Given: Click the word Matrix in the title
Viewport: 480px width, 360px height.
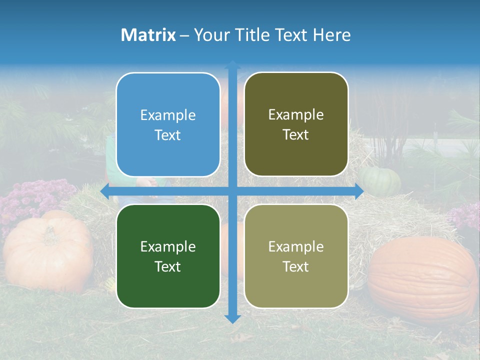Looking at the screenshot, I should (x=148, y=35).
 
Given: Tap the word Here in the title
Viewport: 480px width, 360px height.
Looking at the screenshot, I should (x=332, y=35).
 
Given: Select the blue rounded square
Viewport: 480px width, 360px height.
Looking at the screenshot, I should (x=168, y=124).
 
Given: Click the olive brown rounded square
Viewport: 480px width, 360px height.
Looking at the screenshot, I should (x=296, y=124).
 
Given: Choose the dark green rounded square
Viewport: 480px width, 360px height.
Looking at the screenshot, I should (x=168, y=256).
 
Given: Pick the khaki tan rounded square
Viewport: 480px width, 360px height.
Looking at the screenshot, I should (x=296, y=256).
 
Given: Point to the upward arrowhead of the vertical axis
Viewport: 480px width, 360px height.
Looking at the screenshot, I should (x=232, y=64).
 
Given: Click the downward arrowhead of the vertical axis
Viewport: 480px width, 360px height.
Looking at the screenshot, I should (x=232, y=318).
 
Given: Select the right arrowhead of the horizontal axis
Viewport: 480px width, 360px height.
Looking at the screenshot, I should (x=359, y=191).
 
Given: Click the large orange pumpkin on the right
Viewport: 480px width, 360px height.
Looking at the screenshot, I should (x=422, y=280).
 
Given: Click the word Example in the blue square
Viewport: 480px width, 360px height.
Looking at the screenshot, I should (x=168, y=115).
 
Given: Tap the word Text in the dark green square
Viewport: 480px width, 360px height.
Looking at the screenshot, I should (x=168, y=266).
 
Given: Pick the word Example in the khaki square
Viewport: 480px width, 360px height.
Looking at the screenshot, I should (x=296, y=246).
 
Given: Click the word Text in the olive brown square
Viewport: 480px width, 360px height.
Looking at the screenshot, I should (x=296, y=135).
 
